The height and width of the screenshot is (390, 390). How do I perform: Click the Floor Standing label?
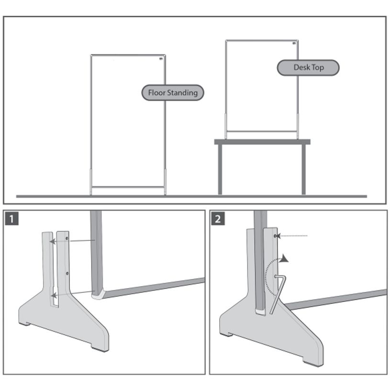172,92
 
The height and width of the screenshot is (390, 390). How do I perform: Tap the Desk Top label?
308,67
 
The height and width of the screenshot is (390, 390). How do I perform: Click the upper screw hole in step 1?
67,237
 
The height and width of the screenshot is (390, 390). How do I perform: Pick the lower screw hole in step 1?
67,273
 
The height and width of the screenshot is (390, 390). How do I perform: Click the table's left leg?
220,169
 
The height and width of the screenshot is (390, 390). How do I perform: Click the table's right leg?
303,169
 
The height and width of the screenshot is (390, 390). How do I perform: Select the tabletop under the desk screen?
262,142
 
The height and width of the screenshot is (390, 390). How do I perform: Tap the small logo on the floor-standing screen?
160,60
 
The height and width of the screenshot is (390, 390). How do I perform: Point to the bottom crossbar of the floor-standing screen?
128,186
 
